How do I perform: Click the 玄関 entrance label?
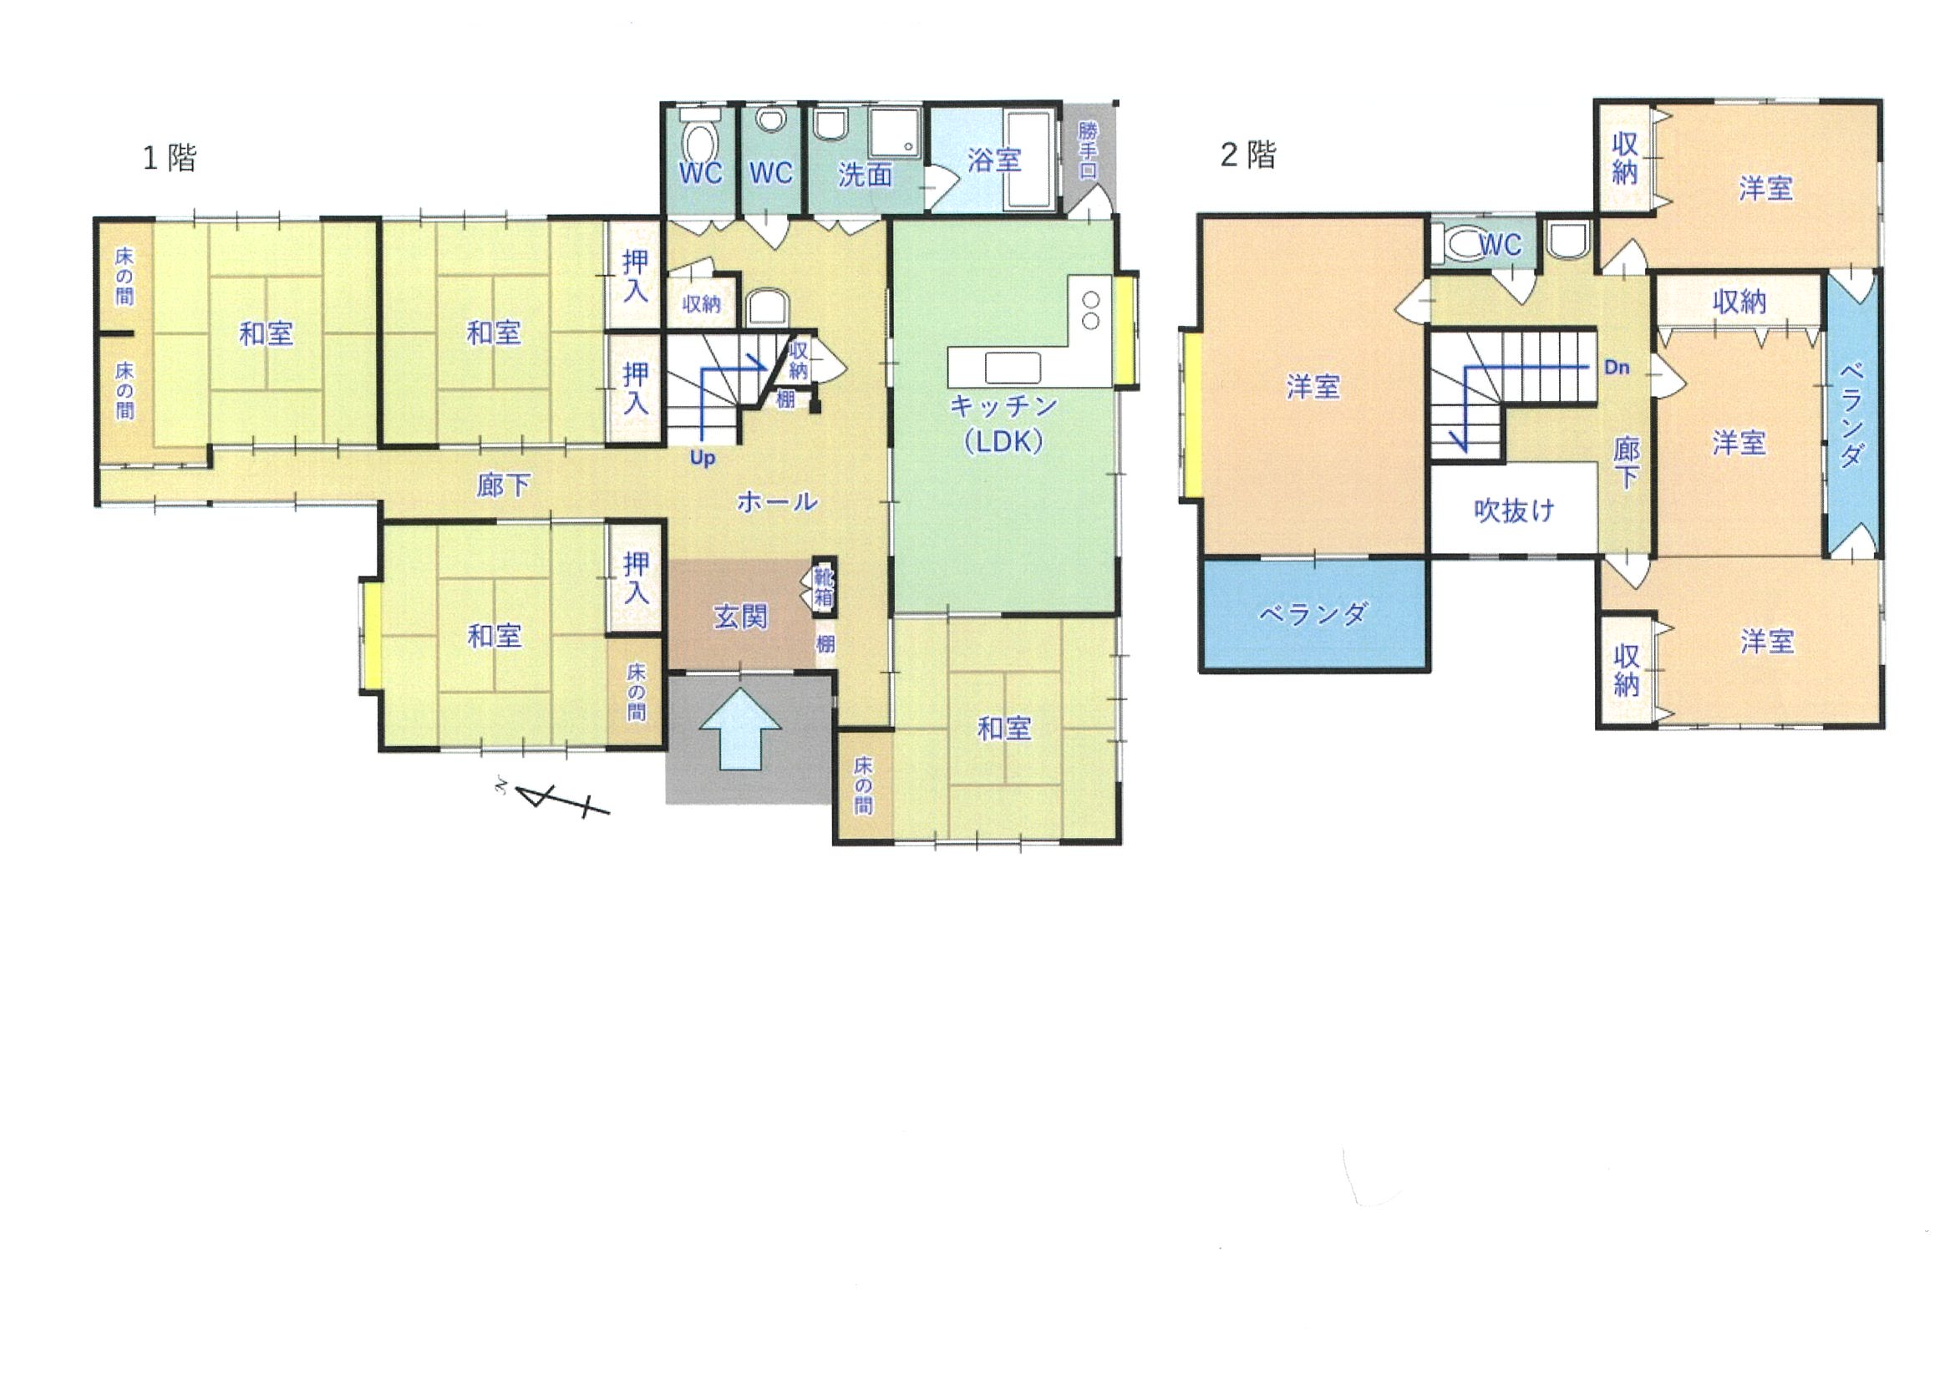(740, 617)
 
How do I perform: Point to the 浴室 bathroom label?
(993, 160)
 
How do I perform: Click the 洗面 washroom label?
(864, 175)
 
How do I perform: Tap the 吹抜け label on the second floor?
(1513, 510)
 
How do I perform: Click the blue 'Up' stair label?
(703, 458)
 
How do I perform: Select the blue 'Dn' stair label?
(1616, 367)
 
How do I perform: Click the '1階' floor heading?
(170, 158)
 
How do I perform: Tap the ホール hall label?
(776, 501)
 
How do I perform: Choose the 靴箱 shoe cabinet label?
(824, 587)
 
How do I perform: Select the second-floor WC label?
(1501, 246)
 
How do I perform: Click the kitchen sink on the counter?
(1013, 368)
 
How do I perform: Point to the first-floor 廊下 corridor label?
(503, 485)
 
